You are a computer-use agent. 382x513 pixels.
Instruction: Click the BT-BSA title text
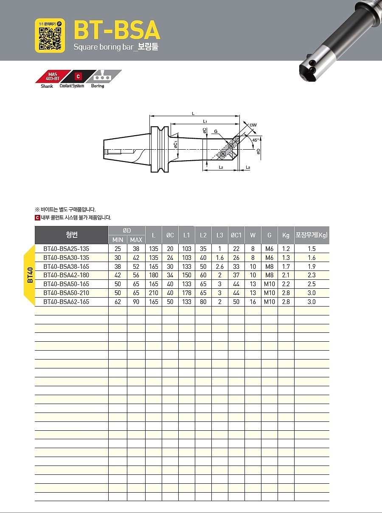tap(116, 30)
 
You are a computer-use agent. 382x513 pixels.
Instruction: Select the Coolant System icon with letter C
tap(78, 77)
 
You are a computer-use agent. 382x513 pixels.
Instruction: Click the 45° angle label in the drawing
tap(255, 140)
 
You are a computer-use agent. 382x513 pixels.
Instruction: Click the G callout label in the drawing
tap(216, 132)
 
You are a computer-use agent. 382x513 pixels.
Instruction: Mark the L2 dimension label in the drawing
tap(221, 167)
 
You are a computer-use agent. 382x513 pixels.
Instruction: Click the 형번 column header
tap(72, 235)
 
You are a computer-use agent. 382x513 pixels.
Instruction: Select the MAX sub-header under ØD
tap(136, 240)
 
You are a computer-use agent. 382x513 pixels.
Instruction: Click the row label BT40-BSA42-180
tap(67, 275)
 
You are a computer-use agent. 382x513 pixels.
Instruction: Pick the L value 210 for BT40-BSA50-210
tap(154, 293)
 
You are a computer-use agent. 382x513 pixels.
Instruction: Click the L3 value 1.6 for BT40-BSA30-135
tap(219, 258)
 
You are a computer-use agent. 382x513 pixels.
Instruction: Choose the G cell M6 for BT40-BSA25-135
tap(269, 249)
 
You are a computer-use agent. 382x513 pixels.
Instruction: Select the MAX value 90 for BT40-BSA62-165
tap(136, 302)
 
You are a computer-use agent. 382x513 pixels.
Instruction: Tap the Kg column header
tap(286, 235)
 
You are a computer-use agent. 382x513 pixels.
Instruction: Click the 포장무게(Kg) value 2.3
tap(312, 275)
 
